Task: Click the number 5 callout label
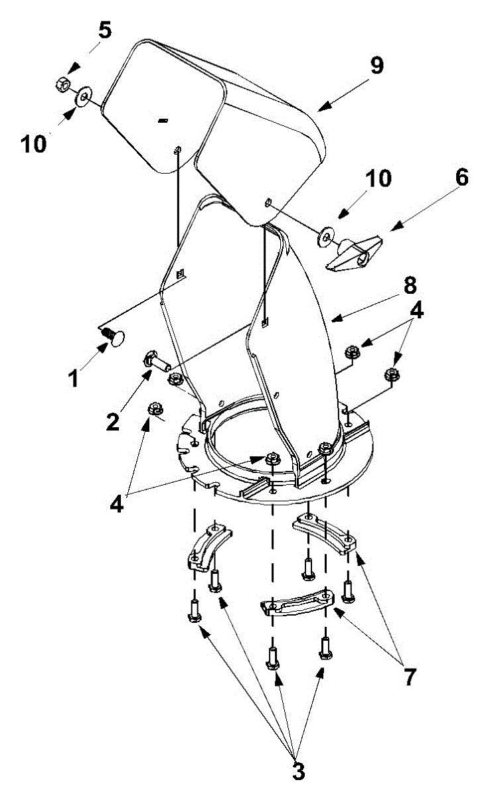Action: (x=105, y=31)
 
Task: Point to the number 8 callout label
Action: (x=409, y=286)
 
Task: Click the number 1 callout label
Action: (x=74, y=378)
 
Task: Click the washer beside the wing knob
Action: (x=325, y=236)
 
